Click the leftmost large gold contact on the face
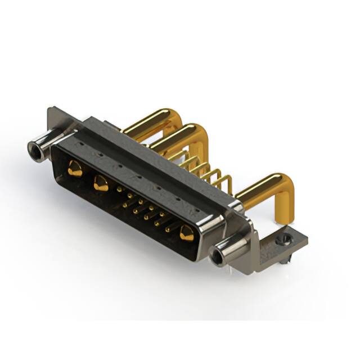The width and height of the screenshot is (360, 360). click(x=74, y=168)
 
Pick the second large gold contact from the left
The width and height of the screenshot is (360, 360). click(x=101, y=183)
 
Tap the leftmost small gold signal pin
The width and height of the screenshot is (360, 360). click(x=119, y=190)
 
